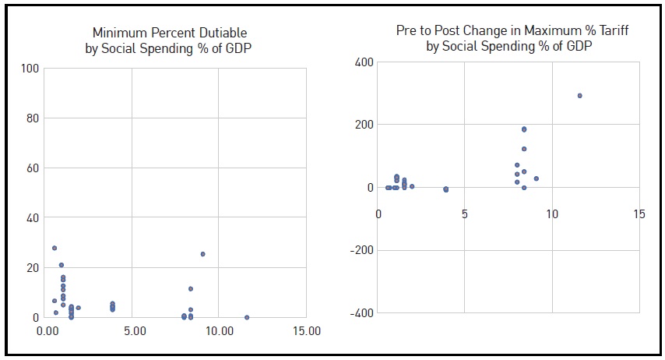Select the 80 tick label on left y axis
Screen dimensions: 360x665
[32, 118]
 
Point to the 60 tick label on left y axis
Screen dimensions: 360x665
[32, 168]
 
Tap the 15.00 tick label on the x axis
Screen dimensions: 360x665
[305, 331]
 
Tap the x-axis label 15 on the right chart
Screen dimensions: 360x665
[639, 214]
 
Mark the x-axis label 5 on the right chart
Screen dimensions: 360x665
[464, 214]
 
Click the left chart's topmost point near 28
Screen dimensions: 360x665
[55, 248]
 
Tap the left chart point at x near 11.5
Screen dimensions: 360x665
[247, 317]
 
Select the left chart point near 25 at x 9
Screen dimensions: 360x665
[202, 254]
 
